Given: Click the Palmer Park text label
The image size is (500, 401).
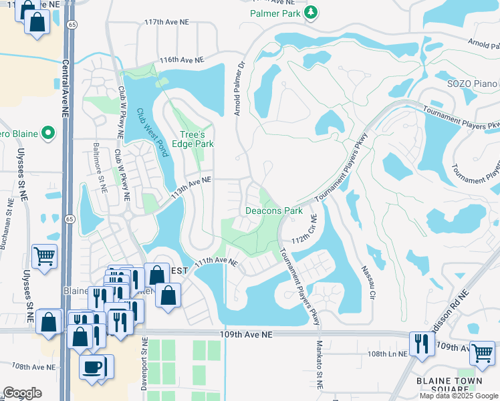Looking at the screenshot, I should tap(276, 13).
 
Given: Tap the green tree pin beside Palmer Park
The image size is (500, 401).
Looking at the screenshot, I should tap(310, 13).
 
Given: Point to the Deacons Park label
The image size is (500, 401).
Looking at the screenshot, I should tap(274, 211).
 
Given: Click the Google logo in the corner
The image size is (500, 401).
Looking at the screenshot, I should tap(22, 393).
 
